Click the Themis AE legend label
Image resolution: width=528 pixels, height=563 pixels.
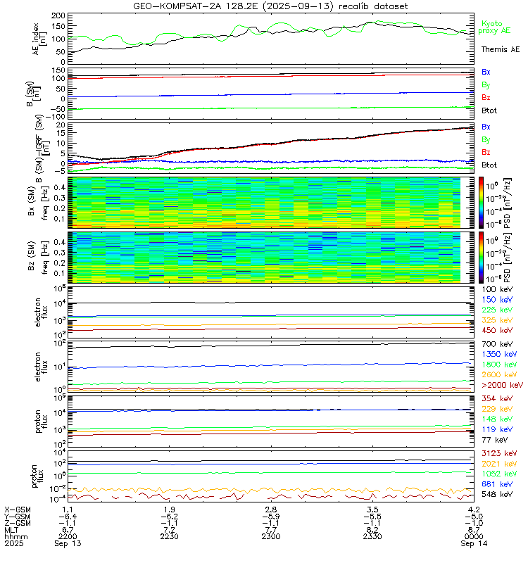[x=500, y=50]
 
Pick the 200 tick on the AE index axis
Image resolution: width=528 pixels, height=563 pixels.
[x=60, y=15]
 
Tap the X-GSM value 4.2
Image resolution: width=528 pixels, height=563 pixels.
[x=473, y=509]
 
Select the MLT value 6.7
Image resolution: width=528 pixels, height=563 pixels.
[x=68, y=529]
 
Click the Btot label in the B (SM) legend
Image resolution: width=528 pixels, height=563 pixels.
[x=490, y=110]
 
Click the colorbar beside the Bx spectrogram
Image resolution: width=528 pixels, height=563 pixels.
[x=482, y=202]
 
